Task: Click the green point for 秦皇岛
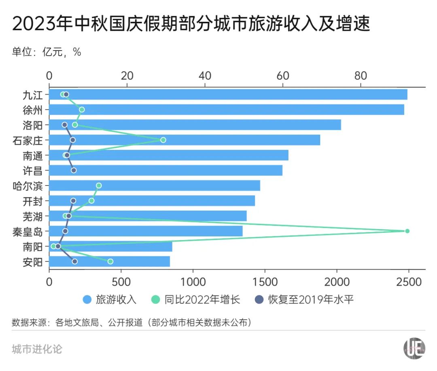[407, 231]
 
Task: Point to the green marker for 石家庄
[163, 140]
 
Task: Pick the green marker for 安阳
[110, 261]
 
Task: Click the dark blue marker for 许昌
[74, 170]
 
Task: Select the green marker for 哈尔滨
[99, 185]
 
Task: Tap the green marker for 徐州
[82, 110]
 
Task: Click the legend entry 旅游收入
[109, 299]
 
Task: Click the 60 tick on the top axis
[283, 76]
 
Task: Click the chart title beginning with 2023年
[191, 25]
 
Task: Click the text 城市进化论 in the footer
[37, 349]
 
